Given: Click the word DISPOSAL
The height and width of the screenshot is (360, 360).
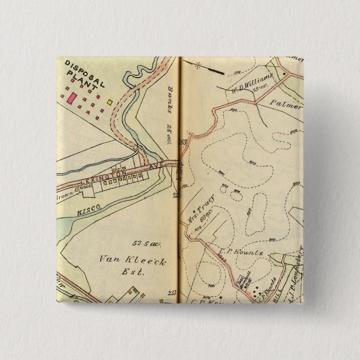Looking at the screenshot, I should pos(85,74).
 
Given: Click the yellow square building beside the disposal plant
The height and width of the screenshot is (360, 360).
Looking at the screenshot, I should pos(110,102).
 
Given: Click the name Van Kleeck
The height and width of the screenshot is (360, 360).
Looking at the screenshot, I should pos(132,260).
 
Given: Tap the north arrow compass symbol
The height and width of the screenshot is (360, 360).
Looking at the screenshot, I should pos(212,69).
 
